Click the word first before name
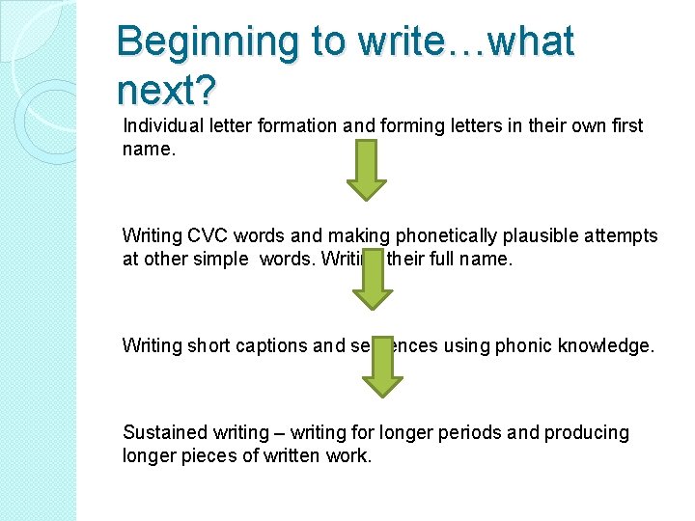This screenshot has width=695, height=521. pos(625,126)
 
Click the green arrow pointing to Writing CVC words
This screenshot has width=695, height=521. pos(366,170)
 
